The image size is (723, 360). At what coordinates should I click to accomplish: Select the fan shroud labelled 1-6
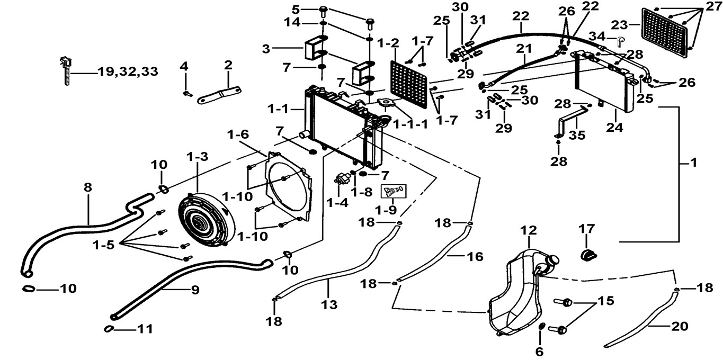pos(288,186)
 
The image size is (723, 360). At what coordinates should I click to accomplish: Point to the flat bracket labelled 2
pos(219,95)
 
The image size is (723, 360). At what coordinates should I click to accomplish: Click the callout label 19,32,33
pos(128,71)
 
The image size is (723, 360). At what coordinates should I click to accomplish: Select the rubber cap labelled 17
pos(588,255)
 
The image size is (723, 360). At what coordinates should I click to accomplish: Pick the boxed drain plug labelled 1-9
pos(394,191)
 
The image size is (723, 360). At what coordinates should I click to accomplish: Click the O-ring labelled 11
pos(109,329)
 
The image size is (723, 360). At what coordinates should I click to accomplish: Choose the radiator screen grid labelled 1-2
pos(409,85)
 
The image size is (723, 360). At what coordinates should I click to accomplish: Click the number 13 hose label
pos(329,304)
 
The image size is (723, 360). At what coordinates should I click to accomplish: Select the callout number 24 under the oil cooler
pos(614,128)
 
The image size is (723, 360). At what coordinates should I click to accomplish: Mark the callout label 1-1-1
pos(410,124)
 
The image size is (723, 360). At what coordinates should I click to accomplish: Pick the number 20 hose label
pos(679,327)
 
